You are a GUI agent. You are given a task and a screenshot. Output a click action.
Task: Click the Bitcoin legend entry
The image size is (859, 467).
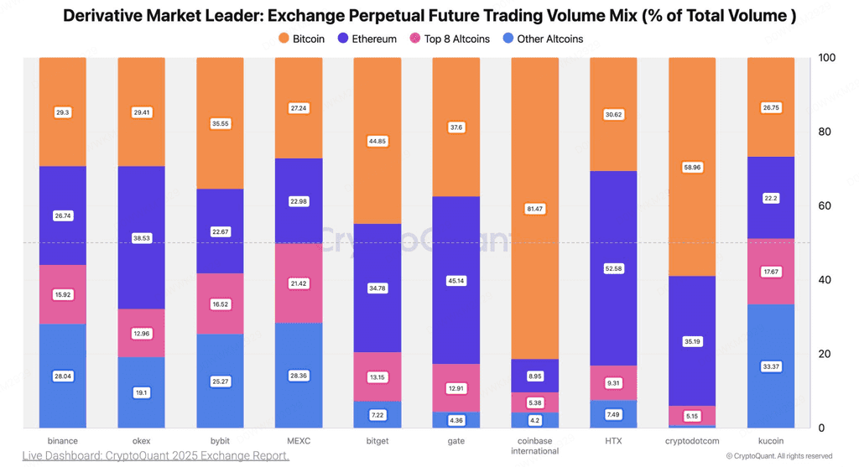pyautogui.click(x=301, y=39)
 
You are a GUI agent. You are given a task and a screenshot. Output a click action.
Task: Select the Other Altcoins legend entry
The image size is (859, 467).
pyautogui.click(x=543, y=39)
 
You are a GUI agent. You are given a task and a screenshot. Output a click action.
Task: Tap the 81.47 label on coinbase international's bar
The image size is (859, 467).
pyautogui.click(x=534, y=209)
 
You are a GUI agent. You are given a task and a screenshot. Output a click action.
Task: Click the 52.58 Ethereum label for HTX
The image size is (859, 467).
pyautogui.click(x=613, y=269)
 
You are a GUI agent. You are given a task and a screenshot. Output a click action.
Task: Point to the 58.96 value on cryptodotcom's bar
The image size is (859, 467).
pyautogui.click(x=692, y=168)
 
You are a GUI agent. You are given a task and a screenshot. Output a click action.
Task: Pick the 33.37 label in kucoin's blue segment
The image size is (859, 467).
pyautogui.click(x=771, y=366)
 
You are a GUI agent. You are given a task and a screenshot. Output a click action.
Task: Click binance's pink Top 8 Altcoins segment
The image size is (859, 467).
pyautogui.click(x=62, y=294)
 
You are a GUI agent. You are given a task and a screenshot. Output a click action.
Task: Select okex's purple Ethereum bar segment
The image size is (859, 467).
pyautogui.click(x=141, y=237)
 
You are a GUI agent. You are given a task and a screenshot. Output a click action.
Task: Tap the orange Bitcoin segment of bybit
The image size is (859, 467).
pyautogui.click(x=221, y=123)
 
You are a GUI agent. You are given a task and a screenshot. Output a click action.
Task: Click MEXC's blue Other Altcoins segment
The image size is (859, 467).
pyautogui.click(x=299, y=375)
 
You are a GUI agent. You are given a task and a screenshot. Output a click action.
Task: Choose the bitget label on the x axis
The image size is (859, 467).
pyautogui.click(x=377, y=441)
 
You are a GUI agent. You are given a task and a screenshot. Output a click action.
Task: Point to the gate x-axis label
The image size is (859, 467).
pyautogui.click(x=456, y=441)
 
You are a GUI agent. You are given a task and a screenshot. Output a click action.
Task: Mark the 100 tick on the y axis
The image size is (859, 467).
pyautogui.click(x=826, y=58)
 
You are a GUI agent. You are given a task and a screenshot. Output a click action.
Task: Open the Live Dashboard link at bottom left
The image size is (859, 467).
pyautogui.click(x=155, y=455)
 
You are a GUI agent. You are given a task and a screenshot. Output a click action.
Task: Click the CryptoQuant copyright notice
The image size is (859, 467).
pyautogui.click(x=779, y=456)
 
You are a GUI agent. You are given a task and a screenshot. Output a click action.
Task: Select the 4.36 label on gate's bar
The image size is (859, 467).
pyautogui.click(x=456, y=420)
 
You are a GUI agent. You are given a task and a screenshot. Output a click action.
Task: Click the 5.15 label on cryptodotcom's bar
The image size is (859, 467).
pyautogui.click(x=692, y=416)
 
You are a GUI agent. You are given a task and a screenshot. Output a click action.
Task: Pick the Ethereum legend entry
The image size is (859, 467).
pyautogui.click(x=367, y=39)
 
